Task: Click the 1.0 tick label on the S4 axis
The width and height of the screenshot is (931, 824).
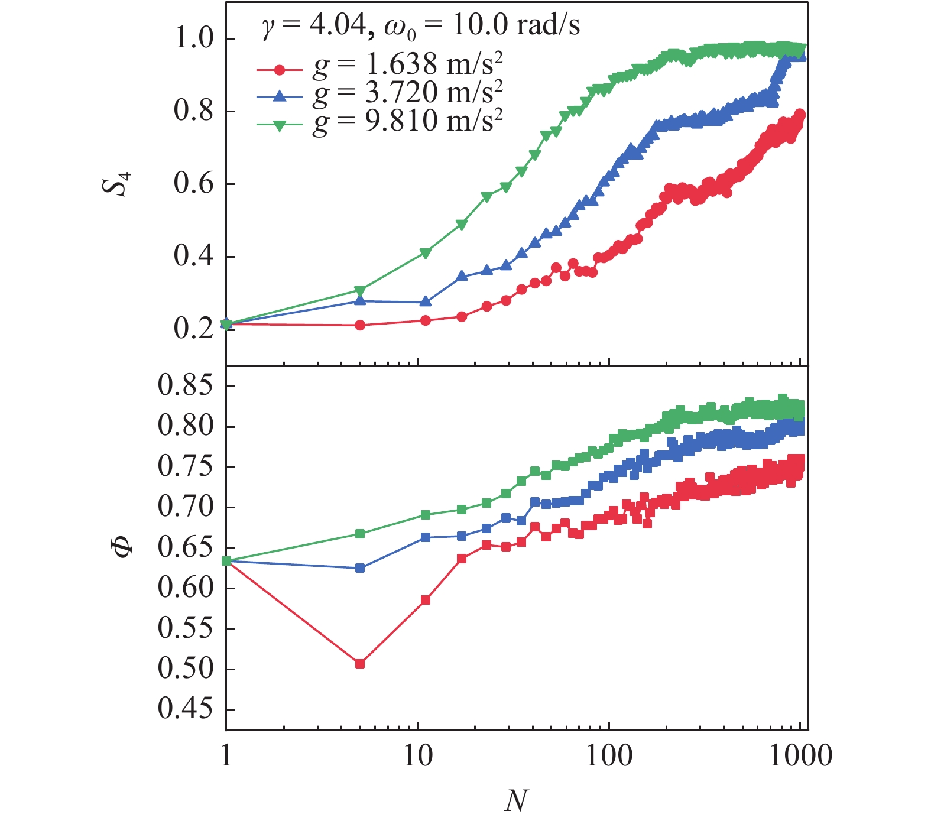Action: click(193, 39)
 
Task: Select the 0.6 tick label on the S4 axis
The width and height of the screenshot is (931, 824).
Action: click(193, 184)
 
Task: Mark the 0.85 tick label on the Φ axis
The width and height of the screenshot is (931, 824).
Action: click(185, 387)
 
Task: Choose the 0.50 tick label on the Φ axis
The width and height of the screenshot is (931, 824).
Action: click(185, 669)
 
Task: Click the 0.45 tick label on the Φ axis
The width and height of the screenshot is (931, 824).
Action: click(185, 709)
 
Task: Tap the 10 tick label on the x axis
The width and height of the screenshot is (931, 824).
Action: click(418, 756)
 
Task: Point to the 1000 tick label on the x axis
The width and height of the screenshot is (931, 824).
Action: click(800, 756)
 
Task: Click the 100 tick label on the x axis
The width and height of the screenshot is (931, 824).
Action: click(609, 756)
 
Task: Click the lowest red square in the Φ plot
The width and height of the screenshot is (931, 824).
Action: click(360, 664)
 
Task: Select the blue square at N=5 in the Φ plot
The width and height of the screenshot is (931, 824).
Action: click(360, 568)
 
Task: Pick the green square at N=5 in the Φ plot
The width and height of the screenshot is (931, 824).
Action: click(360, 534)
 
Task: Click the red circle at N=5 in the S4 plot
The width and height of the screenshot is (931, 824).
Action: click(360, 325)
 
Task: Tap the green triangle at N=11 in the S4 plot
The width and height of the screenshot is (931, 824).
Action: click(426, 253)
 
